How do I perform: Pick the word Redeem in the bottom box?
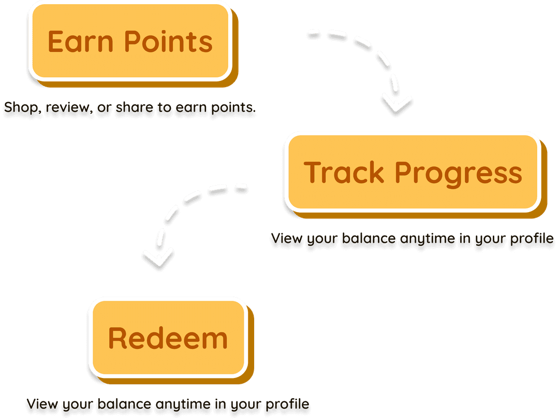(168, 338)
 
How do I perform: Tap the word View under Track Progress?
(287, 240)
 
